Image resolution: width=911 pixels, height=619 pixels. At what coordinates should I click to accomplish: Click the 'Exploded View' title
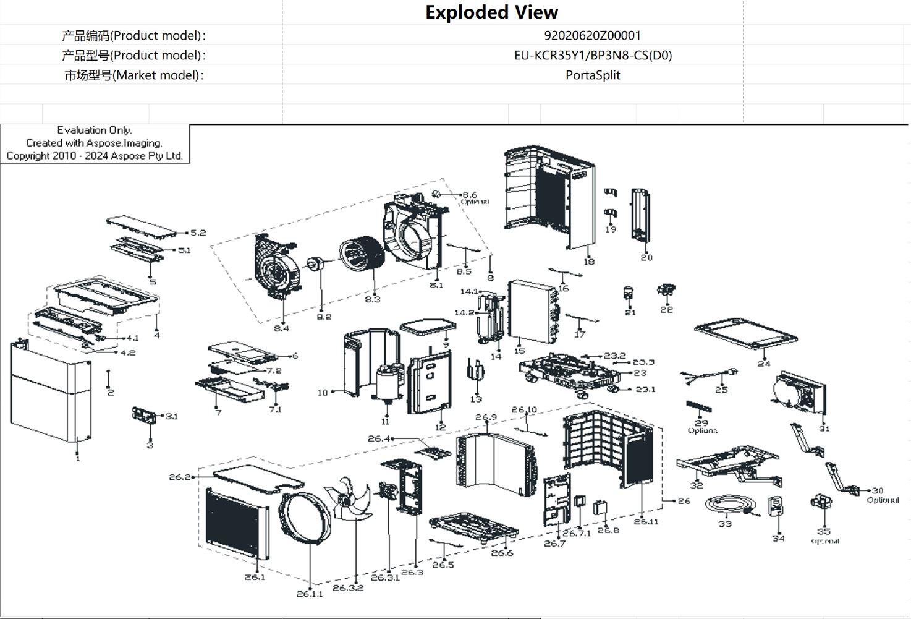[491, 12]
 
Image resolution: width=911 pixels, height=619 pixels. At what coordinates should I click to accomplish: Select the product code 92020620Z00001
[592, 36]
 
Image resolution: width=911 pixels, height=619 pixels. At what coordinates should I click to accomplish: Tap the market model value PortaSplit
[592, 75]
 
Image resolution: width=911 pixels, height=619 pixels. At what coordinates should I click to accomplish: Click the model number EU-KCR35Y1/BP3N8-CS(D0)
[592, 56]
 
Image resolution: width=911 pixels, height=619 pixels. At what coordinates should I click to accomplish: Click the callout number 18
[588, 262]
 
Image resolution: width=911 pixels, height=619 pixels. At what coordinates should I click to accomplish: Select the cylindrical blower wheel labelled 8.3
[362, 254]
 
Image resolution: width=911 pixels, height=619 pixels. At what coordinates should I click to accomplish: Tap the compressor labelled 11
[386, 383]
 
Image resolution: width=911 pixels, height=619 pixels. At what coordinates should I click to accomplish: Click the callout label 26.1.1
[310, 594]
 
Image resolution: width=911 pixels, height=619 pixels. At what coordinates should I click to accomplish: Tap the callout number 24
[764, 364]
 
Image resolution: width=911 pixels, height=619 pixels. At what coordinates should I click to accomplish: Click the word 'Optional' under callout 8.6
[475, 202]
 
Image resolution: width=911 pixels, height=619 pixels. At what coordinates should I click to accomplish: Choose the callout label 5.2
[198, 233]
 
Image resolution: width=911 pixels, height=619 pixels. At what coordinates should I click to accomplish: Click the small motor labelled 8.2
[319, 263]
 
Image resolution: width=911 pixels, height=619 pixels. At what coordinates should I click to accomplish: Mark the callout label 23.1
[645, 390]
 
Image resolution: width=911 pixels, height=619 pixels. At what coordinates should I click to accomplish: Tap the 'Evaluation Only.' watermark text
[95, 130]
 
